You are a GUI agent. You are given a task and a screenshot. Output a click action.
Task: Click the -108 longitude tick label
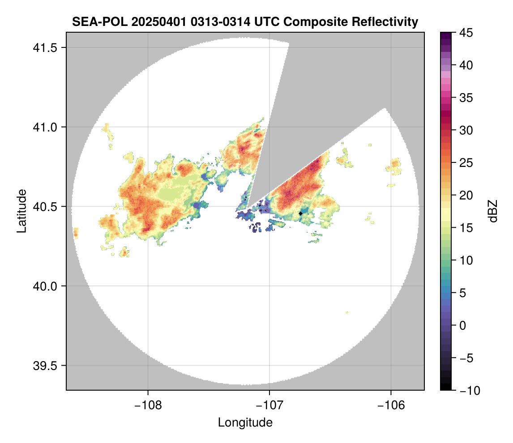148,405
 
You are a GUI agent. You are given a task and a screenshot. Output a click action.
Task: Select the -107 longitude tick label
269,405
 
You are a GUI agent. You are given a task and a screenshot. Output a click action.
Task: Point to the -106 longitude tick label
391,405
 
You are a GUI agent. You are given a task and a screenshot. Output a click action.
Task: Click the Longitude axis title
245,422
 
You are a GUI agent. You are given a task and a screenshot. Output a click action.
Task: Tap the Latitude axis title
21,211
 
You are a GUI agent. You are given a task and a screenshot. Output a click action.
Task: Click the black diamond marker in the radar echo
300,213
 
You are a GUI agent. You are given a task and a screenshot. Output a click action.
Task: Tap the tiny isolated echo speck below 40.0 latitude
346,312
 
